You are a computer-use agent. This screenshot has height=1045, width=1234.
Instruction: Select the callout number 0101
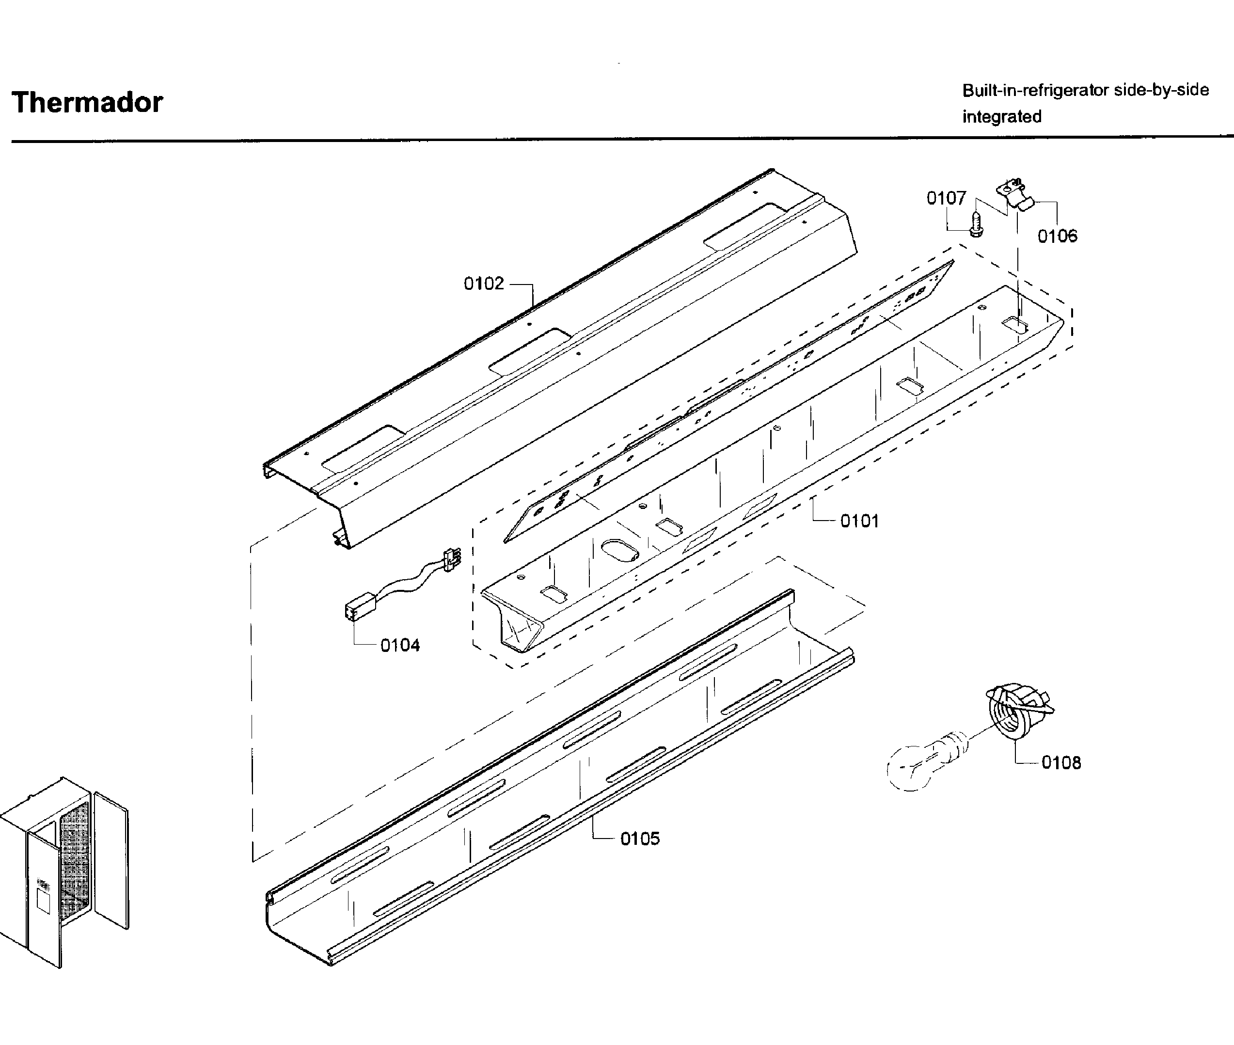859,522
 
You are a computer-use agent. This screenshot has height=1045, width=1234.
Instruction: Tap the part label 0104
400,645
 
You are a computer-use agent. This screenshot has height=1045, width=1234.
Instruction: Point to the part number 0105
640,839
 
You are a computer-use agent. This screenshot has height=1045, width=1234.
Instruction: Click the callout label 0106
1057,237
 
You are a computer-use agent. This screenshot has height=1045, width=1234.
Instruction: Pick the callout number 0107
946,198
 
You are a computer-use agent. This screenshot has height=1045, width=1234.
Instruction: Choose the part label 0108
1060,762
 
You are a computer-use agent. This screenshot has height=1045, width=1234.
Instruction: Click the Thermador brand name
87,102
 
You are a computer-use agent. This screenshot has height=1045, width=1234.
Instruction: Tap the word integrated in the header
1001,117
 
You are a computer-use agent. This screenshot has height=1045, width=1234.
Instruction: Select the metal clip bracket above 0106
1015,194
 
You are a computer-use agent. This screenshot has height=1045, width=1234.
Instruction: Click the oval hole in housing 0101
619,550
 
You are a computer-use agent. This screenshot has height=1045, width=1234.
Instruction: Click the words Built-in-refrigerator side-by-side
1085,91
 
